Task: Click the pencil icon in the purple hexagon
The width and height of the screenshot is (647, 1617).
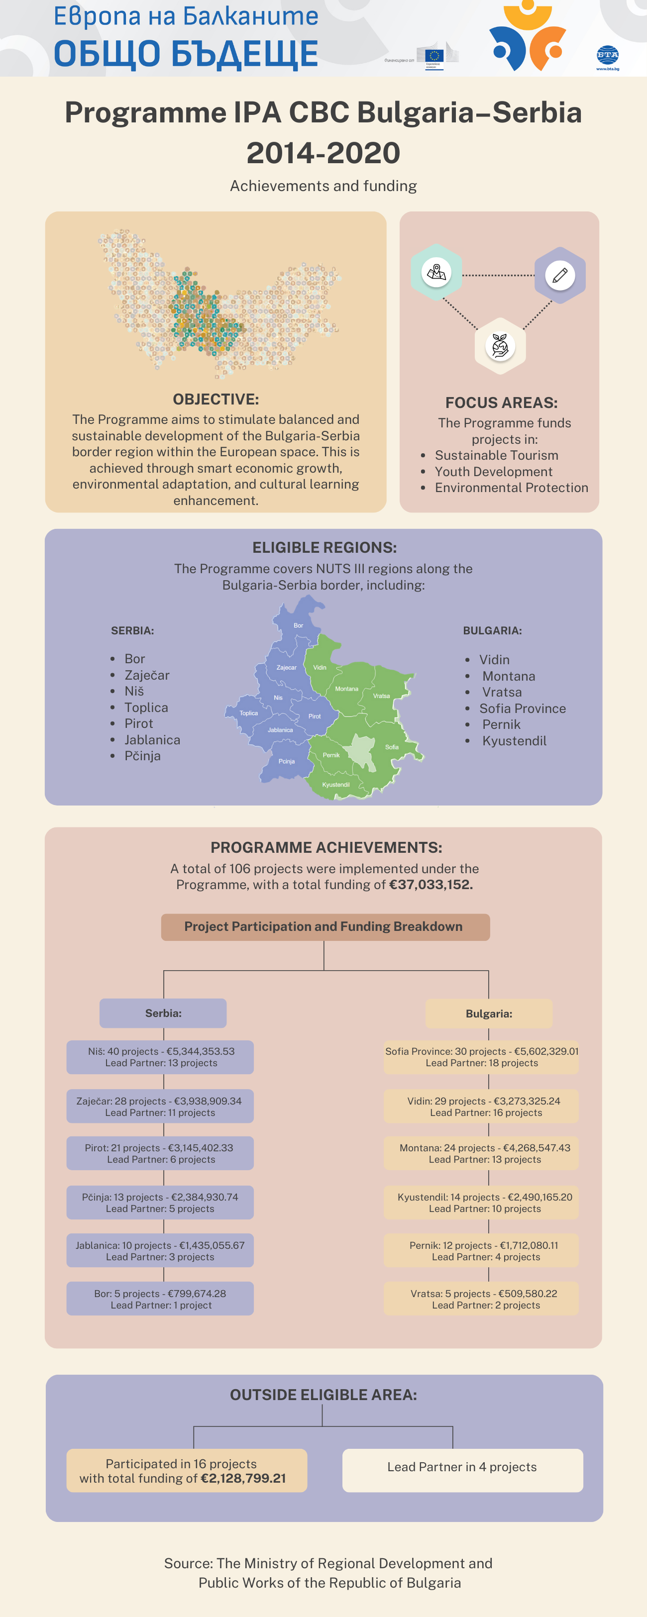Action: pyautogui.click(x=560, y=275)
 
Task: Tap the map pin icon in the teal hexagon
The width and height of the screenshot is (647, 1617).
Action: pyautogui.click(x=436, y=273)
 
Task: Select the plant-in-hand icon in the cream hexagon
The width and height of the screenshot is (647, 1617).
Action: pyautogui.click(x=500, y=346)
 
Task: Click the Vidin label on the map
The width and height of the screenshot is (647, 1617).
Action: pyautogui.click(x=320, y=667)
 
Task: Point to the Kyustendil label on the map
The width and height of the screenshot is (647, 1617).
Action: pyautogui.click(x=335, y=785)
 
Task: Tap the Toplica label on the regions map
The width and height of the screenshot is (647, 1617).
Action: pyautogui.click(x=249, y=713)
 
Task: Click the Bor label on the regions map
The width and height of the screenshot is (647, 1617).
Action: pyautogui.click(x=299, y=625)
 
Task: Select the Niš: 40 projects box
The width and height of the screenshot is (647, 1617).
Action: pyautogui.click(x=160, y=1057)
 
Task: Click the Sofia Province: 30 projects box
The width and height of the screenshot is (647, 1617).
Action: pyautogui.click(x=481, y=1057)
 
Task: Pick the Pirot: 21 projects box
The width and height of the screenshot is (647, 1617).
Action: pyautogui.click(x=160, y=1153)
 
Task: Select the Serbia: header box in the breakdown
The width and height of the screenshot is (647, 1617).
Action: pyautogui.click(x=163, y=1013)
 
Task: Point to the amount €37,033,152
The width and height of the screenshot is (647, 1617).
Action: pyautogui.click(x=431, y=885)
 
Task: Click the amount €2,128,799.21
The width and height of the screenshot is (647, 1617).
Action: pyautogui.click(x=243, y=1478)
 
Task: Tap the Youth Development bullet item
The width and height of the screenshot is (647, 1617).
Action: pyautogui.click(x=494, y=471)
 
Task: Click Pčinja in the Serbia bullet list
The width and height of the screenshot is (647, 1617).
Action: pyautogui.click(x=143, y=756)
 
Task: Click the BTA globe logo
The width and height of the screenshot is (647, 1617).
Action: pyautogui.click(x=607, y=55)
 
